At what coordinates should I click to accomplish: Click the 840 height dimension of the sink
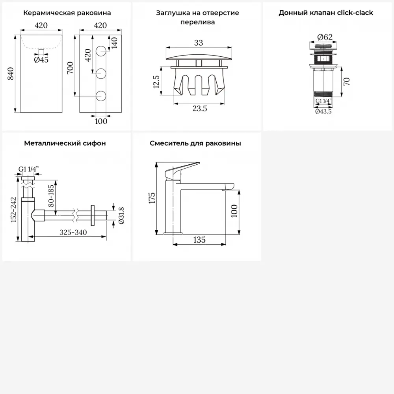(11, 74)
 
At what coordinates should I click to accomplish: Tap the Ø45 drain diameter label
(41, 60)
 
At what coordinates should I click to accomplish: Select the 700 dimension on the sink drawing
(70, 68)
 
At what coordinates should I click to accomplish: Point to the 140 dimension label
(114, 43)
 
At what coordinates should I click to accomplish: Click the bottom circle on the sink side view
(101, 96)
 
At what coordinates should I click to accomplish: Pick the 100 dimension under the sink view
(101, 121)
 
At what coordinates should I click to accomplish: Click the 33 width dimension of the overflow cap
(199, 43)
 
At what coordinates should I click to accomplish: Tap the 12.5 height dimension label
(156, 82)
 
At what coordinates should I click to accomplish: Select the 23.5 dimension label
(200, 109)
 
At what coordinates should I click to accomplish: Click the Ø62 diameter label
(325, 37)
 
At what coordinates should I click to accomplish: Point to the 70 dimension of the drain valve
(346, 82)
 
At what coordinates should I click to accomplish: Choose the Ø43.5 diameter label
(323, 112)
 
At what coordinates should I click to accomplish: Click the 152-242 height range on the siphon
(13, 210)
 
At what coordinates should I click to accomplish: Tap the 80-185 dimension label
(51, 196)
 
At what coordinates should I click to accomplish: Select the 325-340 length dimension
(73, 232)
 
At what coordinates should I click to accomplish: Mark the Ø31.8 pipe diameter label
(121, 216)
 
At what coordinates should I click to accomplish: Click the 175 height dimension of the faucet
(152, 198)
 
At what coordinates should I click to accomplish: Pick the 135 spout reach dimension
(199, 240)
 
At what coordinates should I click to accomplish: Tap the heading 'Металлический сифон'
(65, 143)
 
